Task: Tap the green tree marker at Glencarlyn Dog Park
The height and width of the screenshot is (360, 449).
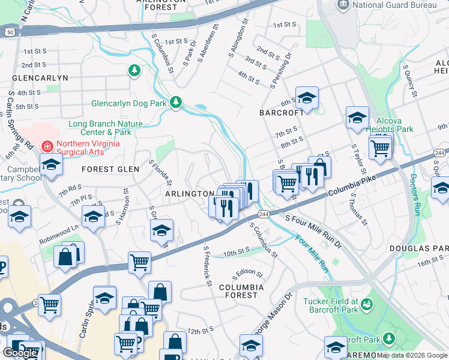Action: point(175,103)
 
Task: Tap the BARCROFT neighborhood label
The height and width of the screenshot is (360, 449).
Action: point(278,113)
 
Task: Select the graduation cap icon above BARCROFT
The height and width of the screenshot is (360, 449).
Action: point(306,98)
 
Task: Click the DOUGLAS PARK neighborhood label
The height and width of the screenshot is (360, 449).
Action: point(427,248)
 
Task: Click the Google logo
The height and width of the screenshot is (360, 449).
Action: point(20,353)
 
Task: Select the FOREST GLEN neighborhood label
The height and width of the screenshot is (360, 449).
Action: point(110,169)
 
